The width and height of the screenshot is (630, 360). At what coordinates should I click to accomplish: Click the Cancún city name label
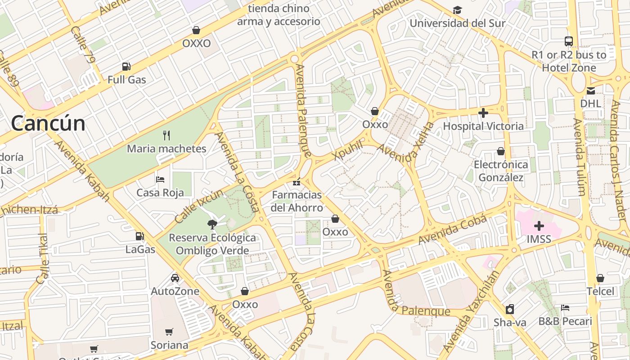click(x=48, y=123)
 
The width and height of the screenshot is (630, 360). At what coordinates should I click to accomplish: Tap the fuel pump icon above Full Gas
click(x=126, y=67)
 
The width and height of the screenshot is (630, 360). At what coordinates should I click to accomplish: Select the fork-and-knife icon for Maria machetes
click(x=166, y=135)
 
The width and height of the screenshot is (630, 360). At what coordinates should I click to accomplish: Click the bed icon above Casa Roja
click(x=160, y=179)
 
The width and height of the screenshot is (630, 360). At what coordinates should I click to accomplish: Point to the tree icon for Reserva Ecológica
click(x=211, y=224)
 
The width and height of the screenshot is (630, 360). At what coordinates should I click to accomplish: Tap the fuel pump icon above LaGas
click(x=140, y=236)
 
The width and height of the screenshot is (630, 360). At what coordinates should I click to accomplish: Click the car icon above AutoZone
click(x=175, y=278)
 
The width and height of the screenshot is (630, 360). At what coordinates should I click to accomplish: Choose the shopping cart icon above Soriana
click(x=169, y=332)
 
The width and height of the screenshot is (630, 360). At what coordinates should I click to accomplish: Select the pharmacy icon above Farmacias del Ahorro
click(x=297, y=182)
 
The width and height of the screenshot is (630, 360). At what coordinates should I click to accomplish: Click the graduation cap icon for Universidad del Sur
click(x=457, y=10)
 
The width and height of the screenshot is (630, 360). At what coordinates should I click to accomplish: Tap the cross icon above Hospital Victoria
click(x=483, y=112)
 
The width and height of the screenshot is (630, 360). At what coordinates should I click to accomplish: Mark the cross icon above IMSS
click(x=539, y=225)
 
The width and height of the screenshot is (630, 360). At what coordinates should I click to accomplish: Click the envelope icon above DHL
click(x=590, y=90)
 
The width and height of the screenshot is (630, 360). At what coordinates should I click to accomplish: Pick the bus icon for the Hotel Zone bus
click(x=569, y=41)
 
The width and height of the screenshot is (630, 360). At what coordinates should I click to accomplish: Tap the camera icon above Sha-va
click(x=509, y=309)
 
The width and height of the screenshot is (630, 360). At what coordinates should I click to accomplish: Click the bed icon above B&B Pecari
click(x=565, y=308)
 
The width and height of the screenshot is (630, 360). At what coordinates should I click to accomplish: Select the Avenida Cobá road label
click(x=452, y=230)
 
